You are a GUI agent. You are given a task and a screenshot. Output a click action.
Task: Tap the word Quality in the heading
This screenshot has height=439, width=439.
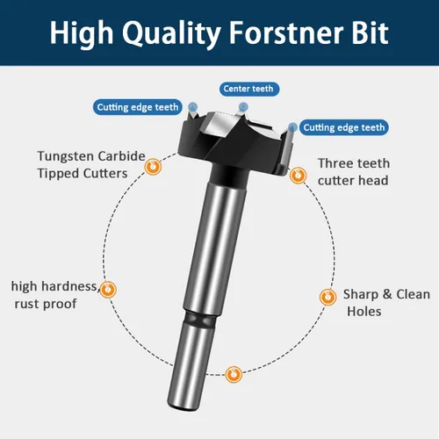click(171, 34)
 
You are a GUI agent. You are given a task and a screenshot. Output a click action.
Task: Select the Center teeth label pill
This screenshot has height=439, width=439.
click(249, 89)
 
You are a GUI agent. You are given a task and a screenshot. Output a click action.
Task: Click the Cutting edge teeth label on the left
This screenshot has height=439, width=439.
click(138, 107)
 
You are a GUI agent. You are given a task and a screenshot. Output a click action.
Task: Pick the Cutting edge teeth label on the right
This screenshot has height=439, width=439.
click(344, 127)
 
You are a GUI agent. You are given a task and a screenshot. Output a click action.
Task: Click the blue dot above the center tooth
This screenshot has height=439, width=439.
click(243, 107)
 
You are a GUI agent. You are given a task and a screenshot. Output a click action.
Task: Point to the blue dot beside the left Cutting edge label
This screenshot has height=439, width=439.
click(192, 107)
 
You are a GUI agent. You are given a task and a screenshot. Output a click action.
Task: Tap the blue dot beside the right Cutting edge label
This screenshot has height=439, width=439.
click(292, 127)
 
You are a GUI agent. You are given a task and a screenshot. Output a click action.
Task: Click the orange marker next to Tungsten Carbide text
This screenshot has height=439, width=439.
click(153, 167)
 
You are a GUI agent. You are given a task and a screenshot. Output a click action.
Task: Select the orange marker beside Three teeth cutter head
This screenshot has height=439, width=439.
click(298, 176)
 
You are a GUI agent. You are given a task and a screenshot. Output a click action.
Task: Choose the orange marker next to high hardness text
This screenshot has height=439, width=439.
click(108, 290)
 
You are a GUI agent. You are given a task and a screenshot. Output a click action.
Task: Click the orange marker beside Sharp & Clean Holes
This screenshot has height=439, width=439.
click(327, 297)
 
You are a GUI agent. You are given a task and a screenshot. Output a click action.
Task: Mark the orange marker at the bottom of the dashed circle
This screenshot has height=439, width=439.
click(234, 374)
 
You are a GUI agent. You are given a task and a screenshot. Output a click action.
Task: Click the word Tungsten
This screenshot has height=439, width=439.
click(67, 157)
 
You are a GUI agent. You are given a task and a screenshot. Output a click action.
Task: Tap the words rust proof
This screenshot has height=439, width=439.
click(46, 304)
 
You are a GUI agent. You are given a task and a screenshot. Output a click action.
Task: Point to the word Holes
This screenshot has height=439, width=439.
click(364, 311)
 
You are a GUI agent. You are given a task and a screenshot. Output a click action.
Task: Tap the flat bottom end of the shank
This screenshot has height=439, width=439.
click(184, 407)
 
